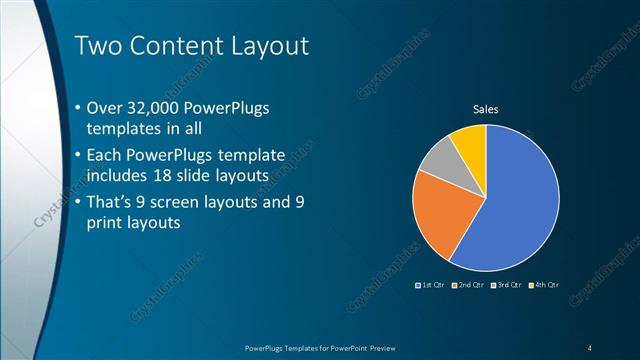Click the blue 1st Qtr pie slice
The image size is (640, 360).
tap(515, 205)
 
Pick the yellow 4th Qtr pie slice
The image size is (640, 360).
tap(470, 140)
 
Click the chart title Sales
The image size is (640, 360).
tap(485, 109)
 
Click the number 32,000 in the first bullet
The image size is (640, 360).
tap(165, 107)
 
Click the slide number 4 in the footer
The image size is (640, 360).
tap(590, 347)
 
